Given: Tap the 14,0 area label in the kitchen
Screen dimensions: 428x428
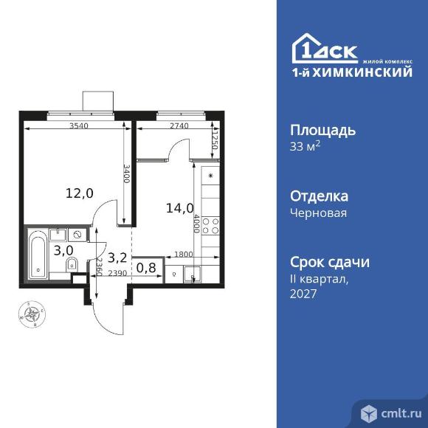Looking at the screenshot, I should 180,208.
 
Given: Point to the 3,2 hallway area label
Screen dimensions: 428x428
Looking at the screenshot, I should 117,258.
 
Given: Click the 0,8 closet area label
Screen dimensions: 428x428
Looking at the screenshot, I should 146,268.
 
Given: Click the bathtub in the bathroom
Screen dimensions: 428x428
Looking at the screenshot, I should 37,255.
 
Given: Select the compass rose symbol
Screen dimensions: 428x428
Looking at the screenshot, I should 31,316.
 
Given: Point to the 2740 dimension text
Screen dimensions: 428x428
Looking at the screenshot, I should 179,126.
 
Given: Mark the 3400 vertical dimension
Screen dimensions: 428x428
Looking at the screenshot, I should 126,174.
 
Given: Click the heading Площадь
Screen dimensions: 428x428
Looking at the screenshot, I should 322,131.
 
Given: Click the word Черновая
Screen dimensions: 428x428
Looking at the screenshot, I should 318,213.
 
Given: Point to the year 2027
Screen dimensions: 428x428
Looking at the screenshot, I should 303,294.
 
